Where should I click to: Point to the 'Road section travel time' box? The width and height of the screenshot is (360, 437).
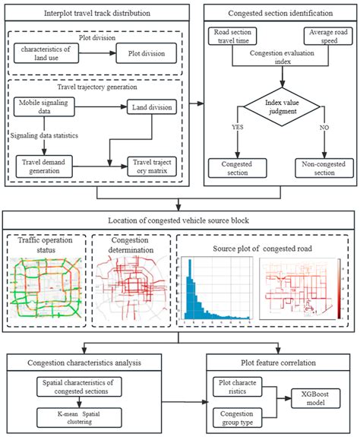(234, 37)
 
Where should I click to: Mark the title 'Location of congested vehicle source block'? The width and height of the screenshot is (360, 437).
(180, 220)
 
